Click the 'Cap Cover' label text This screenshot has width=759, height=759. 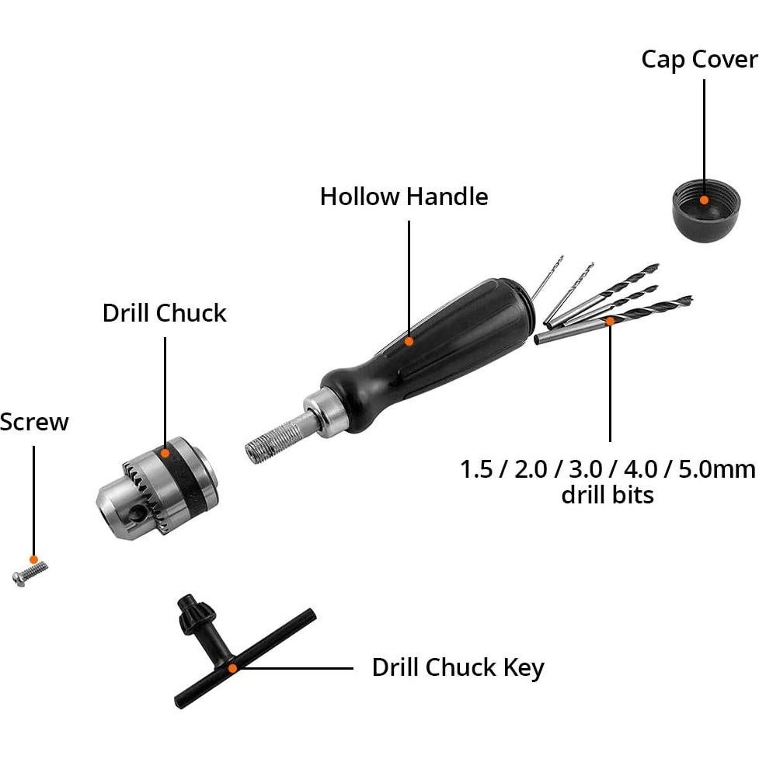698,60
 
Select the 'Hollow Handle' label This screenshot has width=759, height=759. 404,197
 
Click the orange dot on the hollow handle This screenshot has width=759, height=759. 409,340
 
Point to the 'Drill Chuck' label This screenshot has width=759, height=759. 165,313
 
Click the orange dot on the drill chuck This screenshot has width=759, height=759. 165,451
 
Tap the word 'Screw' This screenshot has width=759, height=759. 34,423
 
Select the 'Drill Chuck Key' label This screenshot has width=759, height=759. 458,667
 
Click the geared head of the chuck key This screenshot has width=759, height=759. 190,612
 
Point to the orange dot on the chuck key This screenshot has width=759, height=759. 232,667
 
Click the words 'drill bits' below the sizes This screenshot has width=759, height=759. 608,495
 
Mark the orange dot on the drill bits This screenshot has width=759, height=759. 610,319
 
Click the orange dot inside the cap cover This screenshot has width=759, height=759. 704,199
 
